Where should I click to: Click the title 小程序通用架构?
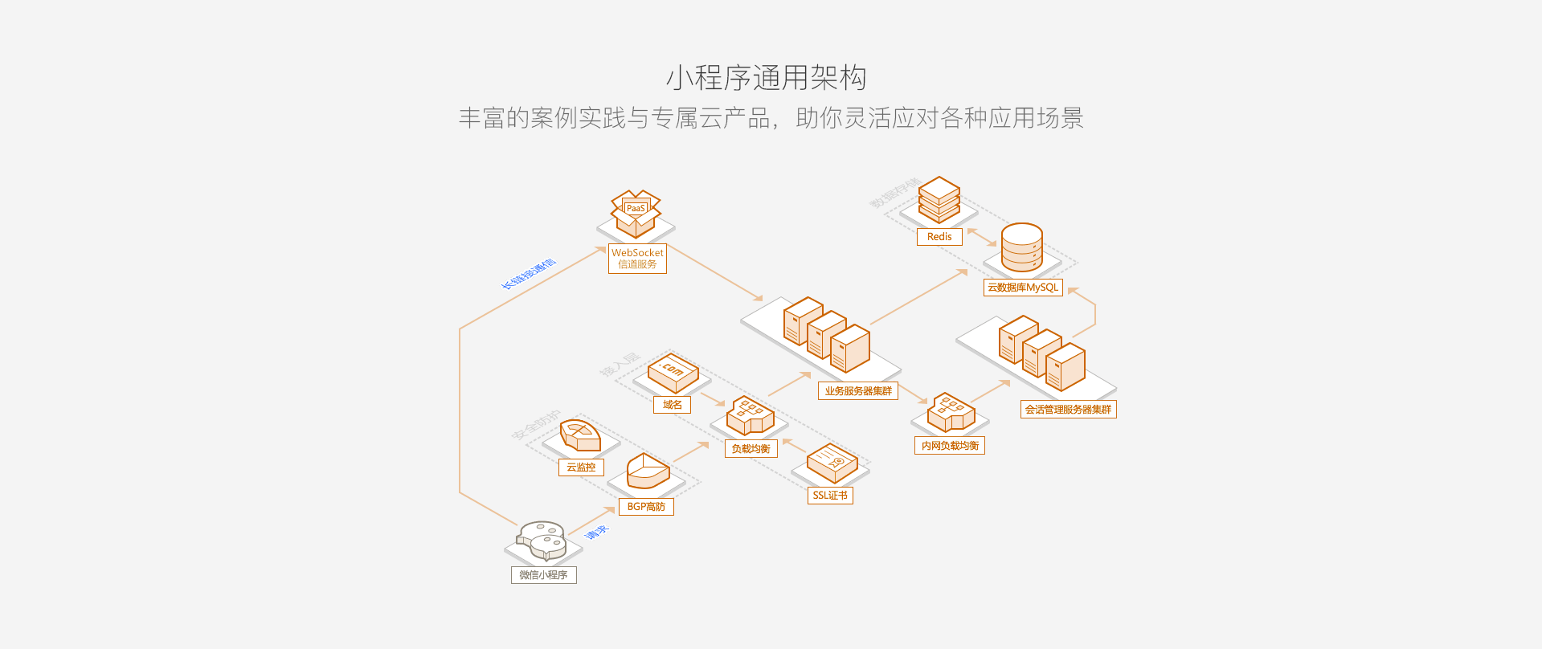point(766,78)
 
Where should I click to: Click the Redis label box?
point(939,237)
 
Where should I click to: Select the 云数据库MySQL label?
point(1023,288)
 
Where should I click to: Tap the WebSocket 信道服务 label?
point(637,259)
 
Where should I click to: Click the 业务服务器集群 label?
point(858,391)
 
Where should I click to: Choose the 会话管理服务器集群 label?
point(1068,410)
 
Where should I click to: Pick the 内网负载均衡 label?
point(950,446)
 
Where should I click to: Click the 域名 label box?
point(673,405)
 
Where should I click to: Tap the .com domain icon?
point(673,371)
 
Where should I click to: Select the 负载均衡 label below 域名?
point(751,449)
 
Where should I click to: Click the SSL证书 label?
point(830,496)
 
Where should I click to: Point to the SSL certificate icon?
point(832,462)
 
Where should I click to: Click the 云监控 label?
point(581,467)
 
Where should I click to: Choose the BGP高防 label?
point(646,507)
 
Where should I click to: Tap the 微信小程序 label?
point(543,575)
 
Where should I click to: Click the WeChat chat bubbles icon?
point(542,540)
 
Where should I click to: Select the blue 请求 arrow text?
point(597,532)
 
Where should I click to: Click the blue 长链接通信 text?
point(528,274)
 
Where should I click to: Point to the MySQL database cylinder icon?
point(1021,247)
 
